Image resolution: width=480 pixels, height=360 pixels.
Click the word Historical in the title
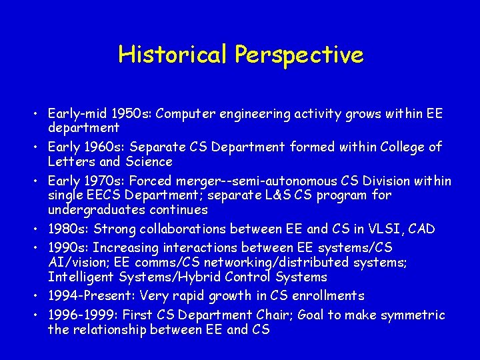coord(173,54)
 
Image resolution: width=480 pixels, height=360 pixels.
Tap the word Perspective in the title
coord(299,55)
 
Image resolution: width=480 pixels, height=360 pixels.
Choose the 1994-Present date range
coord(86,295)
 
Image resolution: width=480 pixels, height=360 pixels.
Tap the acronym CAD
coord(421,229)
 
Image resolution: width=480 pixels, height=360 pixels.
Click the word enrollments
coord(330,295)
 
